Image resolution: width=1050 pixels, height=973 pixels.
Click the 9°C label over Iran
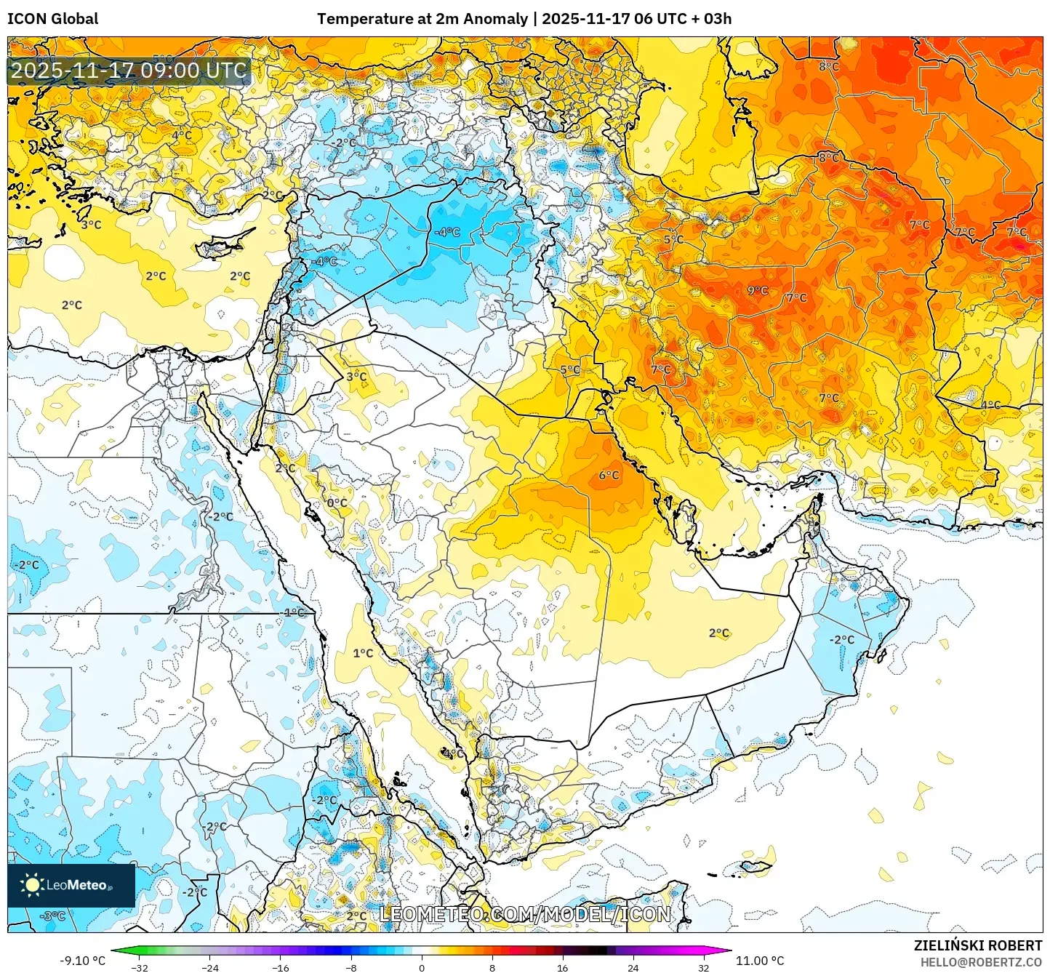tap(758, 290)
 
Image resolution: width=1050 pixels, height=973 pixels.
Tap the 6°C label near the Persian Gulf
tap(609, 476)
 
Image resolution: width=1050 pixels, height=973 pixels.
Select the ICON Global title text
tap(52, 19)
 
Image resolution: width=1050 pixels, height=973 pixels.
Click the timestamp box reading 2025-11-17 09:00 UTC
tap(129, 71)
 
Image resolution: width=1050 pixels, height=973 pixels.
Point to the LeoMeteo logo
tap(71, 885)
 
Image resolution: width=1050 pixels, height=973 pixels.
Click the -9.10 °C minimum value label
tap(82, 961)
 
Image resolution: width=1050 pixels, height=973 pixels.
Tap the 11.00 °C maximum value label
tap(760, 961)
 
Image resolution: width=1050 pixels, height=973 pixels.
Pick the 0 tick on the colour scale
tap(422, 968)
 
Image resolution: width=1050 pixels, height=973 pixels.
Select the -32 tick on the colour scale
tap(140, 968)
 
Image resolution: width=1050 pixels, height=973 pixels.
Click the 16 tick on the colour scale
tap(562, 968)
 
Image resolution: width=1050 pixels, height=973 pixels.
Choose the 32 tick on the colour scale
tap(703, 968)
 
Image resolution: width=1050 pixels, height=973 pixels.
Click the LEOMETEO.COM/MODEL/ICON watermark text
tap(525, 914)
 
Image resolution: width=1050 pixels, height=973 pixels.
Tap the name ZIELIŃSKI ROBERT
tap(978, 945)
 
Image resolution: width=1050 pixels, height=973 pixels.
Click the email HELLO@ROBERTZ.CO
tap(981, 962)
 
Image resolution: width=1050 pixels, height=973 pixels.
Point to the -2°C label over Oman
tap(842, 640)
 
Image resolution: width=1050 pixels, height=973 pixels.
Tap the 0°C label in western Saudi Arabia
tap(337, 502)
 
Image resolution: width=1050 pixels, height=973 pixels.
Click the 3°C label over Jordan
tap(356, 377)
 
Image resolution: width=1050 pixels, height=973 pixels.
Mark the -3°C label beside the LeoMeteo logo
tap(54, 916)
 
